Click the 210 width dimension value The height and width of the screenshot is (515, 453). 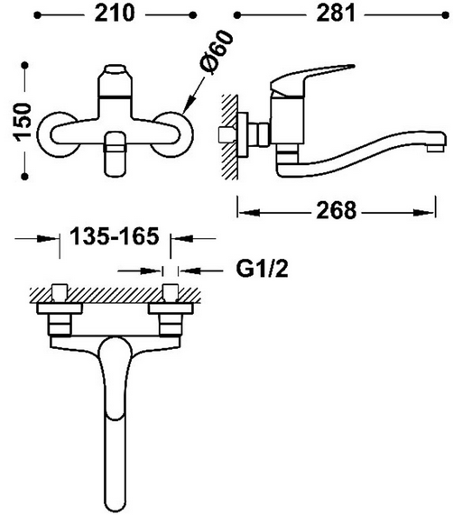tap(115, 14)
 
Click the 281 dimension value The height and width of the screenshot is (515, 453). tap(336, 14)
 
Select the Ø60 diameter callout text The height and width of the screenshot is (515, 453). tap(217, 51)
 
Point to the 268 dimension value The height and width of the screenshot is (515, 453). tap(336, 210)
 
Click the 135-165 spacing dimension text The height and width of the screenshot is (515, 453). tap(115, 235)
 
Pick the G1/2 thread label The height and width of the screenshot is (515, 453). tap(262, 269)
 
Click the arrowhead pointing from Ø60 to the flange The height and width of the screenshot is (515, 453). tap(188, 106)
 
